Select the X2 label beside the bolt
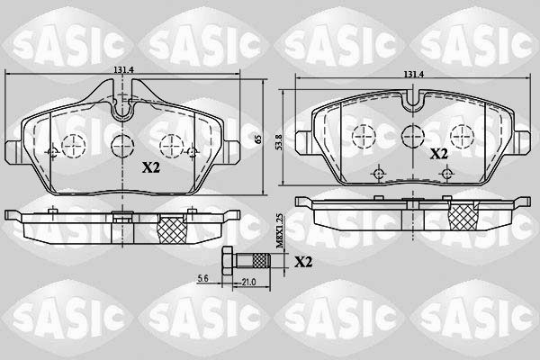click(304, 262)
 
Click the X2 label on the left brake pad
click(152, 166)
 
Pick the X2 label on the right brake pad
click(437, 154)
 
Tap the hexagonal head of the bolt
click(227, 261)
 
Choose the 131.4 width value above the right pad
click(413, 76)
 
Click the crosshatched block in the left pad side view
click(170, 229)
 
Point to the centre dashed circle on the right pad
click(412, 136)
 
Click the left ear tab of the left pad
click(10, 150)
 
